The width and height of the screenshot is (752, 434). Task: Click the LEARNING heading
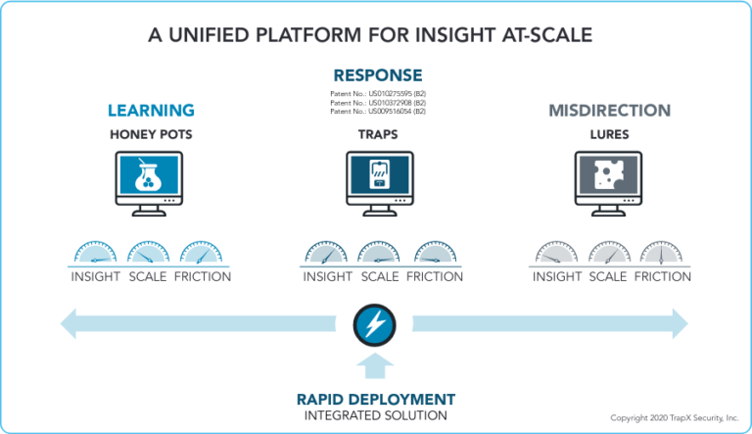[x=151, y=111]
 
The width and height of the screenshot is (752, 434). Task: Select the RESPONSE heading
[x=378, y=75]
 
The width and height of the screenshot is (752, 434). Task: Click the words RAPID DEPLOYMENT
[x=376, y=400]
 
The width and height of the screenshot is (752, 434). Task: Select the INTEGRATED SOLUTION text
[x=376, y=416]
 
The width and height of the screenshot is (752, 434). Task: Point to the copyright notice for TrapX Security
[x=674, y=418]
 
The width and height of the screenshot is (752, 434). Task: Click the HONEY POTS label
[x=151, y=133]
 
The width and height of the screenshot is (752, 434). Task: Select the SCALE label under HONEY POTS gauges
[x=148, y=277]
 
